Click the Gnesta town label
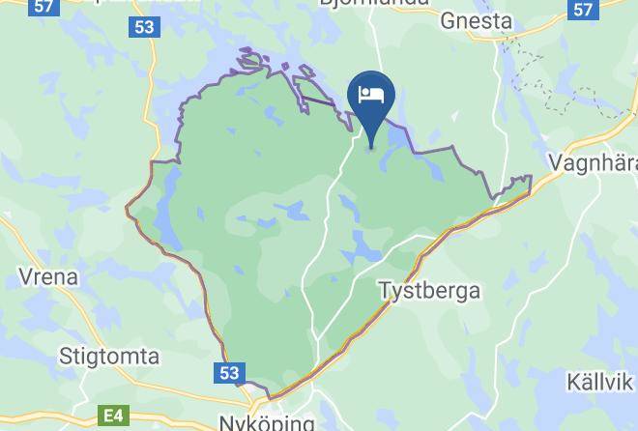point(476,20)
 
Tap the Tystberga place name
point(429,290)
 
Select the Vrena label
point(48,277)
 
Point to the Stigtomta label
point(108,357)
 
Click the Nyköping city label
point(267,422)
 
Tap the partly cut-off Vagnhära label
point(593,161)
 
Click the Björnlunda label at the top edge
point(372,4)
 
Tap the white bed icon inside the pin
point(370,95)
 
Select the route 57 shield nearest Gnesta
point(581,9)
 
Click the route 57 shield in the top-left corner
point(42,6)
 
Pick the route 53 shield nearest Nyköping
point(229,372)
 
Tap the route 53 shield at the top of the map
point(143,26)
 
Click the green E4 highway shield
point(113,417)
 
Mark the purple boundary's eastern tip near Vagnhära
point(531,177)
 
